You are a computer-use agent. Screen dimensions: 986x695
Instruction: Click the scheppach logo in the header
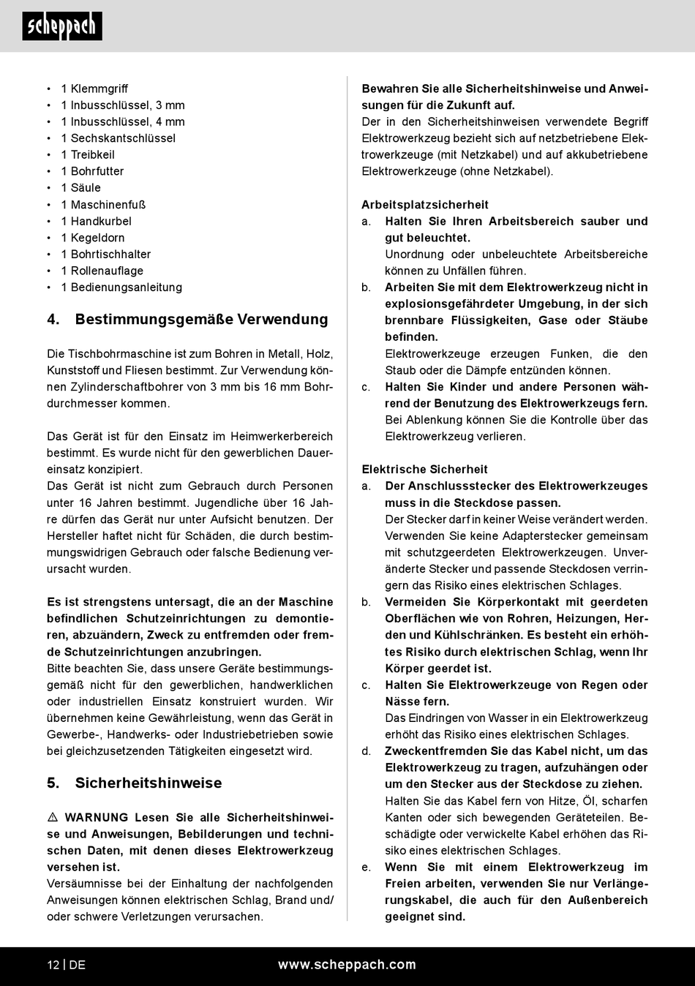click(x=62, y=26)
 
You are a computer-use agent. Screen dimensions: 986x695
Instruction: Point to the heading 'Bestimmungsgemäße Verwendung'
click(x=201, y=319)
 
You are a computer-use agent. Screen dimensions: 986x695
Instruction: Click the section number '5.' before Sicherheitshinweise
click(x=53, y=783)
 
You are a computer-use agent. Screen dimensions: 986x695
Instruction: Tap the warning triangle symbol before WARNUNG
click(x=53, y=817)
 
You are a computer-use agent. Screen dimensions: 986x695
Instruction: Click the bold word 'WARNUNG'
click(x=96, y=817)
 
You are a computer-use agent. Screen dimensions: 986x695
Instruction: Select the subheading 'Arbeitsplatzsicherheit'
click(x=424, y=205)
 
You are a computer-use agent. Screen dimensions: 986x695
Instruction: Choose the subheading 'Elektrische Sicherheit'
click(x=424, y=470)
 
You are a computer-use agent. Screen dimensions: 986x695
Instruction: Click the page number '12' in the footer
click(x=53, y=965)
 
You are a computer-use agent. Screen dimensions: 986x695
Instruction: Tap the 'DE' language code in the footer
click(x=78, y=965)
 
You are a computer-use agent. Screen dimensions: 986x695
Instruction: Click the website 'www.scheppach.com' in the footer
click(x=347, y=965)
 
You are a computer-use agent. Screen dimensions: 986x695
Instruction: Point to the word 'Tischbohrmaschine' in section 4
click(x=113, y=354)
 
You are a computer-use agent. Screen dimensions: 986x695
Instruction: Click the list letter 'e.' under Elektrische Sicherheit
click(x=367, y=867)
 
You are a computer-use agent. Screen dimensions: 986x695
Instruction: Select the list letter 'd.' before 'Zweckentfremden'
click(x=367, y=751)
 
